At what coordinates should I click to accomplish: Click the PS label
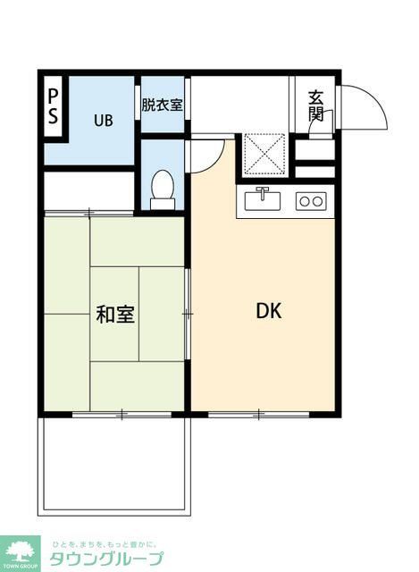54,106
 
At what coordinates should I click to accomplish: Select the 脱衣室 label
162,104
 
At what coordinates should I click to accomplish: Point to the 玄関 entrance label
316,105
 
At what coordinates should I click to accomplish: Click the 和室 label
115,315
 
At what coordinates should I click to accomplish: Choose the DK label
269,311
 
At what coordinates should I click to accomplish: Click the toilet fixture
163,189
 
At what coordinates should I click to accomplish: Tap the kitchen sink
264,199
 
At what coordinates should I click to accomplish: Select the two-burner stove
311,201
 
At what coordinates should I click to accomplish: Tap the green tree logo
20,551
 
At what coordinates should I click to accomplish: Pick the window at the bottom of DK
258,414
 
